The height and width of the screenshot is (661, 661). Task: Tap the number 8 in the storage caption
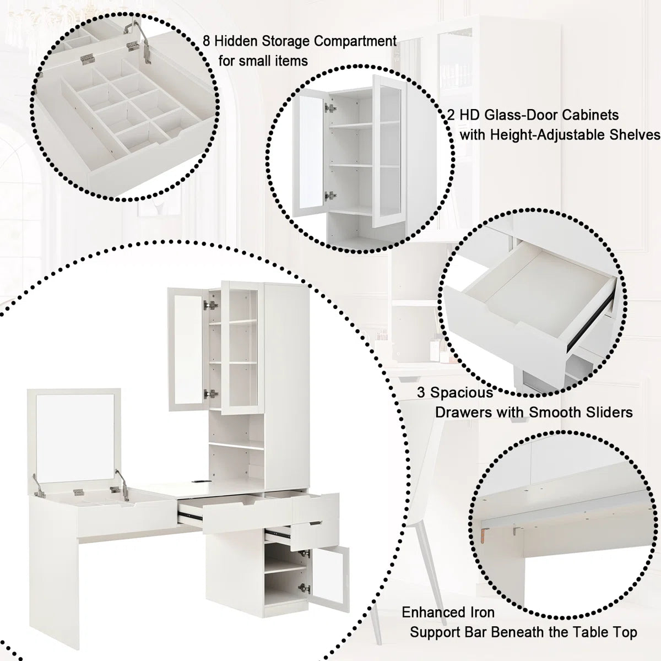(207, 41)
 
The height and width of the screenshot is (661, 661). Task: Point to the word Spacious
(462, 393)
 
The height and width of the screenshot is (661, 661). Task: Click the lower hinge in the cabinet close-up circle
(330, 196)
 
